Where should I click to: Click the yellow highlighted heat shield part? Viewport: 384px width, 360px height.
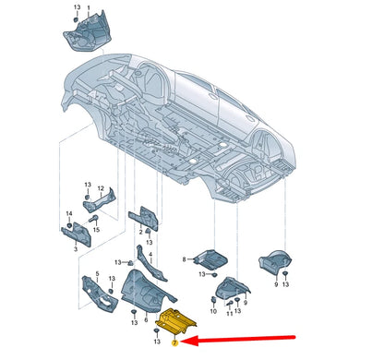[x=176, y=322]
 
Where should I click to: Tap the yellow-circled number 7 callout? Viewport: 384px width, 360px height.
[x=174, y=343]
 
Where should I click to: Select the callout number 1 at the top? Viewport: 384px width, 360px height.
[x=89, y=6]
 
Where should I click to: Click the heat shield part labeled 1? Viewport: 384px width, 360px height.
[x=88, y=33]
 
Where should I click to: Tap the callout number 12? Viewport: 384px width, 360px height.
[x=101, y=188]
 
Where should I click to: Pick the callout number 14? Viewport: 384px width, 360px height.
[x=69, y=213]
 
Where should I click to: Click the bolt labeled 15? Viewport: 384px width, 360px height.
[x=93, y=219]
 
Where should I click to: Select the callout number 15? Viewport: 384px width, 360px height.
[x=96, y=230]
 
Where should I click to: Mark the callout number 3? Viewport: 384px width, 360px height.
[x=76, y=249]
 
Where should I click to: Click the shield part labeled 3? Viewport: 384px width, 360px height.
[x=77, y=234]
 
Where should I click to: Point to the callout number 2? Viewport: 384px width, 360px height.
[x=140, y=233]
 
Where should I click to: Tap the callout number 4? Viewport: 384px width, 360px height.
[x=150, y=255]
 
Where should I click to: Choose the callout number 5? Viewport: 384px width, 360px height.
[x=97, y=273]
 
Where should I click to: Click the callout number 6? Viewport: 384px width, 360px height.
[x=146, y=320]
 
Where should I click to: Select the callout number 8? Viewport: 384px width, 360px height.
[x=184, y=259]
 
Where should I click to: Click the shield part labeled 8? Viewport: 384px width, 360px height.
[x=210, y=260]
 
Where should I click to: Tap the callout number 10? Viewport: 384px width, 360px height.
[x=213, y=311]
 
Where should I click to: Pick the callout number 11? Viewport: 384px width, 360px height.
[x=229, y=314]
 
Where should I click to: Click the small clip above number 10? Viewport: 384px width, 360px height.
[x=213, y=300]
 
